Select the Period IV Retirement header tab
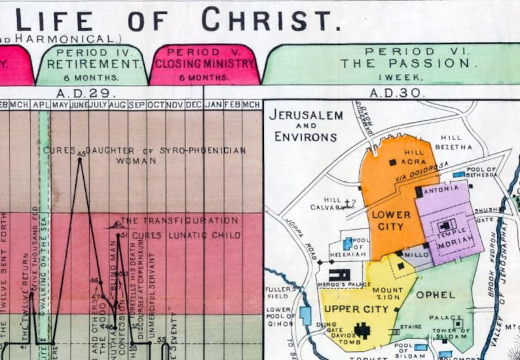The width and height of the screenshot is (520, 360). (x=91, y=64)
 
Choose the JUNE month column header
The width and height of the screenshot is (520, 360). (x=79, y=105)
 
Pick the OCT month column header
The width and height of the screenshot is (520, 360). (x=156, y=105)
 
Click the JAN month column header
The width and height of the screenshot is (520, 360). (x=214, y=105)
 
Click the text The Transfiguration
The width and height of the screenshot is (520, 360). (x=179, y=221)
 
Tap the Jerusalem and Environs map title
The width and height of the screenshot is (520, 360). (x=307, y=126)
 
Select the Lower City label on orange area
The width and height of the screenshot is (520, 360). (x=391, y=221)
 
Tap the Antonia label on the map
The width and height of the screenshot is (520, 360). (x=441, y=192)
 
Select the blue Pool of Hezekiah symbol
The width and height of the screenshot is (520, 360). (x=347, y=244)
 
